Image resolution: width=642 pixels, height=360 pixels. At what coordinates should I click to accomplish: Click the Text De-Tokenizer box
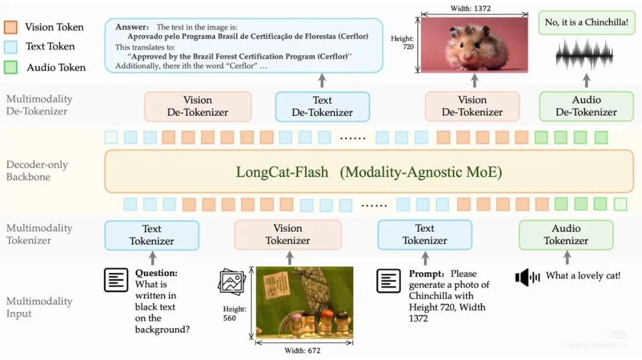(322, 106)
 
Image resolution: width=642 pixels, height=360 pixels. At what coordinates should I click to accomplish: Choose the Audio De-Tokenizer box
(586, 106)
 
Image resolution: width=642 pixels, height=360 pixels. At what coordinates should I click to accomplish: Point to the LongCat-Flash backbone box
(369, 172)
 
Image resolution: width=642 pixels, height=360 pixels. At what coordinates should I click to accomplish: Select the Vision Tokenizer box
(287, 235)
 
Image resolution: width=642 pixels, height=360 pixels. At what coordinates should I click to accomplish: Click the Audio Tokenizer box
(565, 235)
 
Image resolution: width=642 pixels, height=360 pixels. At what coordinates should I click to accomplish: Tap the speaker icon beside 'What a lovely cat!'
(527, 277)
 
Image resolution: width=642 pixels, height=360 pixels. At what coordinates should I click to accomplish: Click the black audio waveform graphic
(586, 54)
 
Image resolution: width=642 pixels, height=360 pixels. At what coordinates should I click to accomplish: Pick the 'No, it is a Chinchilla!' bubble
(586, 23)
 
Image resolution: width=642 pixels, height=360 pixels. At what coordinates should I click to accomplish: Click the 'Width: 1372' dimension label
(474, 8)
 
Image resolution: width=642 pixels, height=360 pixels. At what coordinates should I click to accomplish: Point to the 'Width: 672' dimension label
(303, 350)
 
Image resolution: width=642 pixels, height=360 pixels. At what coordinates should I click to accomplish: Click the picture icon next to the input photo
(231, 281)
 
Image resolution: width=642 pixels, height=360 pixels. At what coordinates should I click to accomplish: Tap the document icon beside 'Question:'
(117, 280)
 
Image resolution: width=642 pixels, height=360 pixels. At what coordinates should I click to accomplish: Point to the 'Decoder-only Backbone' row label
(37, 170)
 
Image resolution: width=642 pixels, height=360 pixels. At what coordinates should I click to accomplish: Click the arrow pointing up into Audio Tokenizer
(567, 257)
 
